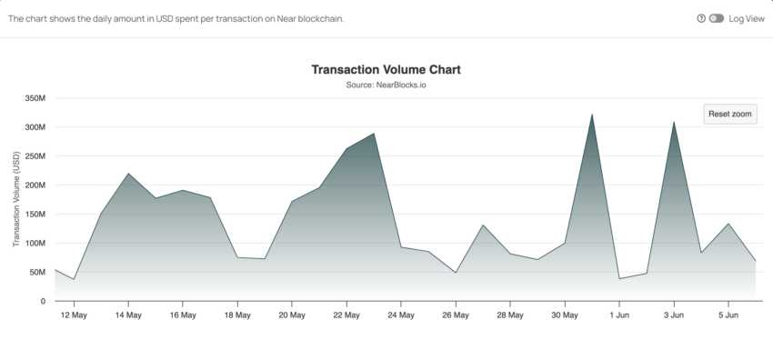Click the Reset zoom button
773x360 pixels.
(x=730, y=114)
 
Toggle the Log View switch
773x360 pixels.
(x=716, y=18)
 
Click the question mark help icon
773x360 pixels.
(x=701, y=18)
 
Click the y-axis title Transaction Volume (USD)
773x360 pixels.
(x=16, y=200)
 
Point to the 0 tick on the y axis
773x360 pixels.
(x=43, y=301)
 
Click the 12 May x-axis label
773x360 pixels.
(x=74, y=315)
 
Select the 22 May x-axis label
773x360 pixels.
(x=346, y=315)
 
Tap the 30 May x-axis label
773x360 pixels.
(x=565, y=315)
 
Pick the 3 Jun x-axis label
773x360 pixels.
(x=674, y=315)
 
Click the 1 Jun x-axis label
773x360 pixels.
(x=619, y=315)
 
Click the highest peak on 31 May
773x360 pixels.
(x=592, y=115)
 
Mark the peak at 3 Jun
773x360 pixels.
(x=674, y=122)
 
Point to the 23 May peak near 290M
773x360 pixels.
(x=374, y=134)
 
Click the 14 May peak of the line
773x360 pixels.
(x=128, y=174)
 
